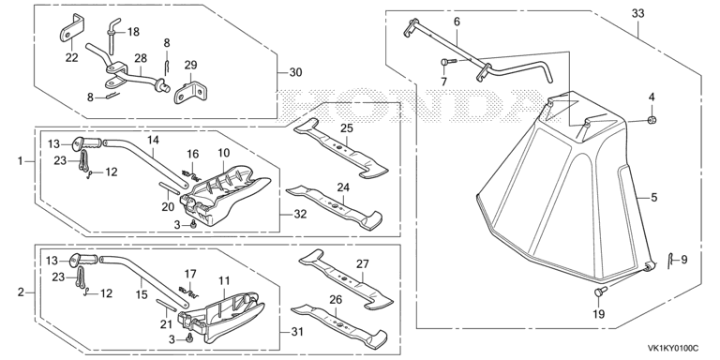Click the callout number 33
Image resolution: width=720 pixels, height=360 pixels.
pos(637,14)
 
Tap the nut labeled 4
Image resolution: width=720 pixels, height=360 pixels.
pos(652,120)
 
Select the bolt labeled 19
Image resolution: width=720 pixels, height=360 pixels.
pos(600,292)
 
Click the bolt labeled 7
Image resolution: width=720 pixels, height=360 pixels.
pos(448,62)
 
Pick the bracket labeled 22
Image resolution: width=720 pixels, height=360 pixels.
pos(72,27)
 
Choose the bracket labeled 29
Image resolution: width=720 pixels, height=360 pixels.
pos(191,93)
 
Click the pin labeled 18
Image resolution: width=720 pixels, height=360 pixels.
pos(112,35)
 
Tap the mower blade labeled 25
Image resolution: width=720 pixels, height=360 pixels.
pos(340,148)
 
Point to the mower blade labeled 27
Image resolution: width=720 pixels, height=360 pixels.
pos(346,279)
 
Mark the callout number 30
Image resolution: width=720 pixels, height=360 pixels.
pos(295,72)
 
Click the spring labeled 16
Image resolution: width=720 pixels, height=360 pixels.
pos(190,174)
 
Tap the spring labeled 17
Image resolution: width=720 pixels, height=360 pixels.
pos(186,290)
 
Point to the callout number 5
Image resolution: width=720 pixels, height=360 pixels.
pos(653,198)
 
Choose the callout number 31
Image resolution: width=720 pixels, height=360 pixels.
pos(297,332)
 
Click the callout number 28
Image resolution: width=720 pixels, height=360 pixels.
pos(141,58)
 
